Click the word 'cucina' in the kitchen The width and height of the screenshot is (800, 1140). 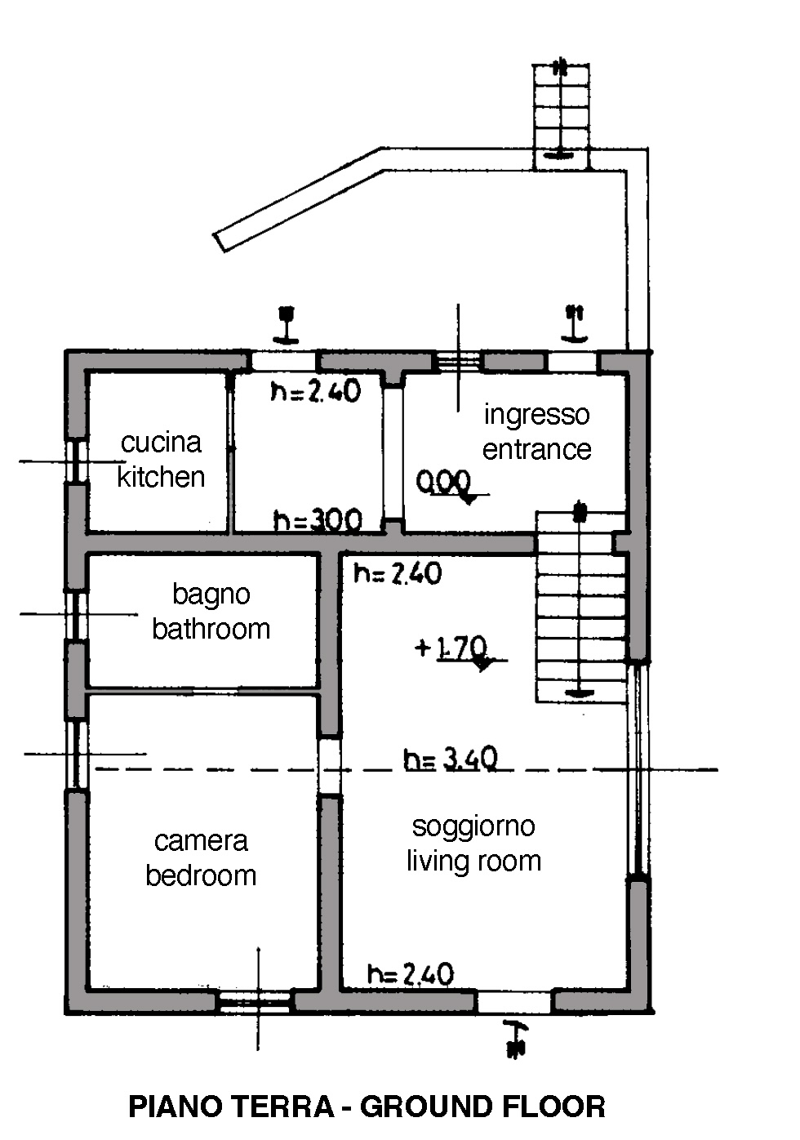coord(161,443)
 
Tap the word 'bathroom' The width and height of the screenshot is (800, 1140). coord(211,629)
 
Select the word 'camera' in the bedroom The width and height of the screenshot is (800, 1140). coord(201,841)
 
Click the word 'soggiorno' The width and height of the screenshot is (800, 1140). coord(473,826)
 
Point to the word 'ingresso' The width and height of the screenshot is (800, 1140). coord(536,415)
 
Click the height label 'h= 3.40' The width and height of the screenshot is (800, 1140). coord(450,760)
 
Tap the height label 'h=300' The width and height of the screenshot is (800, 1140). coord(318,520)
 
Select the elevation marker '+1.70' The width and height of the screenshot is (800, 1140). coord(451,648)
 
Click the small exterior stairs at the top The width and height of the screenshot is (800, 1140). coord(561,114)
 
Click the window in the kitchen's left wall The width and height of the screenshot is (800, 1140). coord(76,461)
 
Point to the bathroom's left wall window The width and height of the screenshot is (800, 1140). coord(76,614)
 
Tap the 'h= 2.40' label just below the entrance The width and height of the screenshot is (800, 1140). coord(398,574)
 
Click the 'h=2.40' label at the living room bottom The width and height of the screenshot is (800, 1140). coord(410,974)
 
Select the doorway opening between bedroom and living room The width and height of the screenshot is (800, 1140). coord(330,767)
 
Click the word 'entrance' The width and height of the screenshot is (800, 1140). coord(536,449)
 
